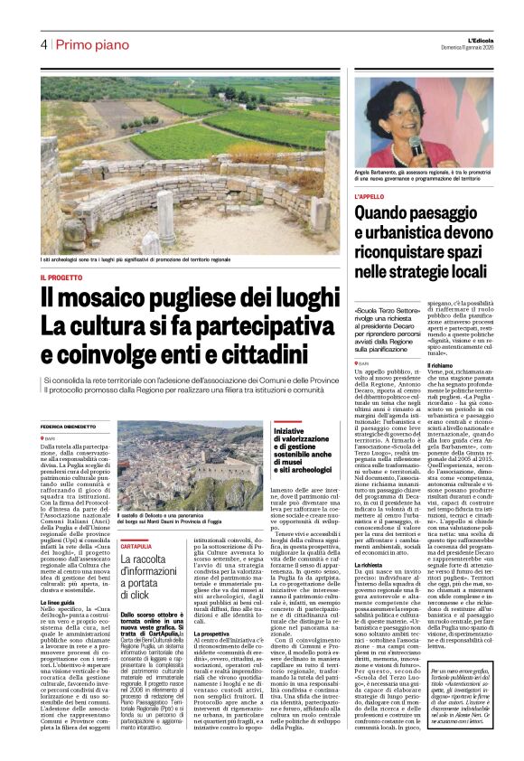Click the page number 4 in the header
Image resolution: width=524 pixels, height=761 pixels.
tap(43, 44)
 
